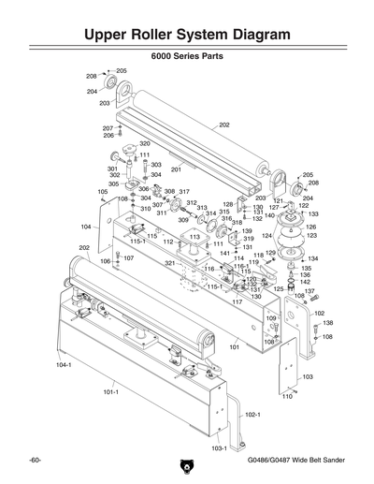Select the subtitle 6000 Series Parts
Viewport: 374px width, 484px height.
click(x=187, y=56)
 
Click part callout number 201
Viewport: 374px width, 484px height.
click(x=176, y=169)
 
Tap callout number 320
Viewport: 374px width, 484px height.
click(x=145, y=144)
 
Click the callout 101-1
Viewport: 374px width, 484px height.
click(x=109, y=393)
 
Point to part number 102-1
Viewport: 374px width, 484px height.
click(x=252, y=414)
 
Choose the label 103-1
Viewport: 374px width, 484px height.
click(x=220, y=448)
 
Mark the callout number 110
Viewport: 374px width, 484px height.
click(x=287, y=396)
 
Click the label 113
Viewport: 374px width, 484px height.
click(x=194, y=238)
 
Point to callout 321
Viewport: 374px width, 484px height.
click(x=170, y=264)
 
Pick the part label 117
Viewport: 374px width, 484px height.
click(x=237, y=302)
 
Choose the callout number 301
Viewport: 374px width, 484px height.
click(x=112, y=169)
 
